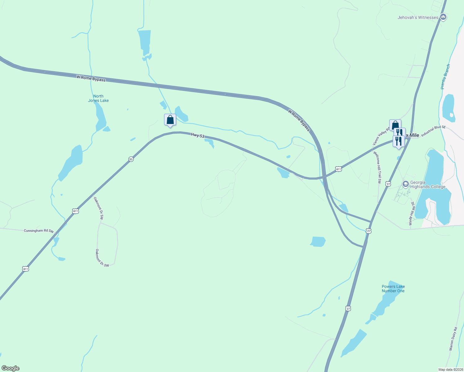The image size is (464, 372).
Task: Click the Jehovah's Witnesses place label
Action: (418, 18)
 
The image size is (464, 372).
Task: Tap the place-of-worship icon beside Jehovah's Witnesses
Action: (443, 17)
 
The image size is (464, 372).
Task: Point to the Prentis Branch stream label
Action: (445, 77)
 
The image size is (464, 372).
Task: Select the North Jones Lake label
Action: (98, 98)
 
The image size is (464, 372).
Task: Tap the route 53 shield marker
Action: (131, 159)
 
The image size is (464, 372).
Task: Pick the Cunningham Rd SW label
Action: (39, 231)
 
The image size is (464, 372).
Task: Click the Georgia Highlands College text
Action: (428, 184)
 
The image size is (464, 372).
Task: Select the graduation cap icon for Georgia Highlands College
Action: (405, 184)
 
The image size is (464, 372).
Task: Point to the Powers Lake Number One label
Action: (393, 289)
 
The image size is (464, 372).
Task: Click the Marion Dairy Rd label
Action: (453, 339)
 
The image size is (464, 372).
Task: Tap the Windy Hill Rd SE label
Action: (412, 213)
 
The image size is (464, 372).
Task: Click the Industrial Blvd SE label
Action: (433, 132)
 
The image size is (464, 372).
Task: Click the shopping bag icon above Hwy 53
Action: (170, 120)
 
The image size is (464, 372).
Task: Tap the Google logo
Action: (10, 368)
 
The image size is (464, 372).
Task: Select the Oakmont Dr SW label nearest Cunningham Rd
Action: (98, 208)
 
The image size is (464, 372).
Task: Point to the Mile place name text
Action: (414, 135)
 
